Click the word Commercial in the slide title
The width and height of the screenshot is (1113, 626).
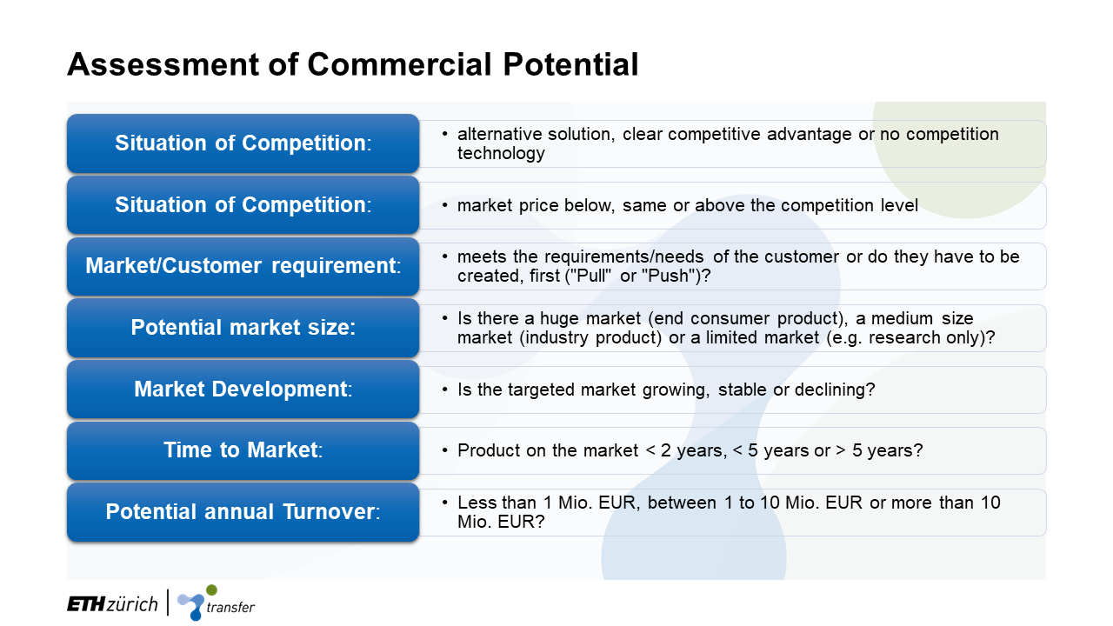(x=399, y=64)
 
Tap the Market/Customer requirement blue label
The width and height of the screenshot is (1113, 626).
(x=243, y=267)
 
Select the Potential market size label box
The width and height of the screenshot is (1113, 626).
(x=243, y=328)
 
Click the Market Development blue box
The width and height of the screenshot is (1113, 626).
(x=243, y=390)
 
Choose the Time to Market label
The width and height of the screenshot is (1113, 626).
(x=243, y=450)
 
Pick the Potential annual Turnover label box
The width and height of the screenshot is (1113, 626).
(x=243, y=512)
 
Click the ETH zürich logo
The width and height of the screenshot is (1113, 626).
(x=112, y=604)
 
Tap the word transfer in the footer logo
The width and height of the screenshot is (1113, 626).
(x=230, y=607)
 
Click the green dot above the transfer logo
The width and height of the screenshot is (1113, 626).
(x=211, y=590)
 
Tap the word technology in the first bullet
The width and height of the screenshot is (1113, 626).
(x=501, y=154)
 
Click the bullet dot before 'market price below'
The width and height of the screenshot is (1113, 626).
(x=444, y=205)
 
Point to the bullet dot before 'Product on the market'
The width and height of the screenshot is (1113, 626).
(x=444, y=450)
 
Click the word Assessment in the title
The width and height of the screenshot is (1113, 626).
(x=163, y=64)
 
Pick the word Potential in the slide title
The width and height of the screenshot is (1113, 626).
(x=570, y=64)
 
